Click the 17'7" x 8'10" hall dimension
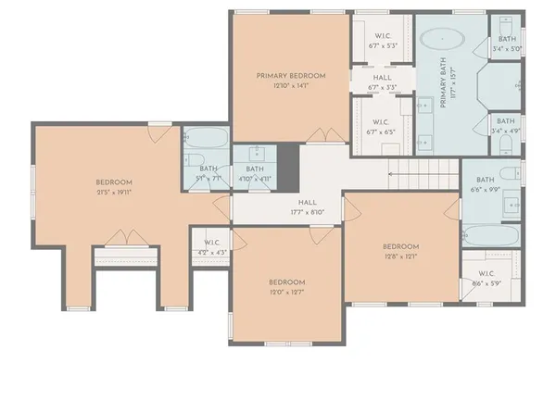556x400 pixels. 308,212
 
